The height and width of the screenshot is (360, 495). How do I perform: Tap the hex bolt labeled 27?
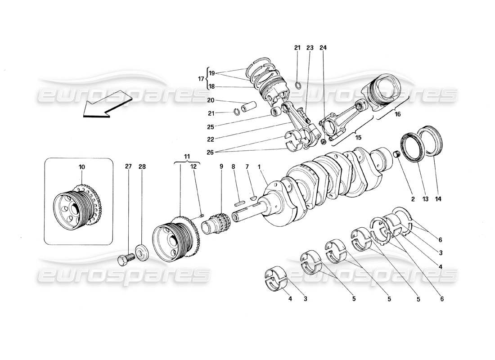tap(126, 260)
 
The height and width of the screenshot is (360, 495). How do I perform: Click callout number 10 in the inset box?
tap(81, 167)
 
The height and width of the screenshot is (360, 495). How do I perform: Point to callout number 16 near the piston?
tap(397, 115)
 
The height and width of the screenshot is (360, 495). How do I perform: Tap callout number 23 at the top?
tap(310, 48)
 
